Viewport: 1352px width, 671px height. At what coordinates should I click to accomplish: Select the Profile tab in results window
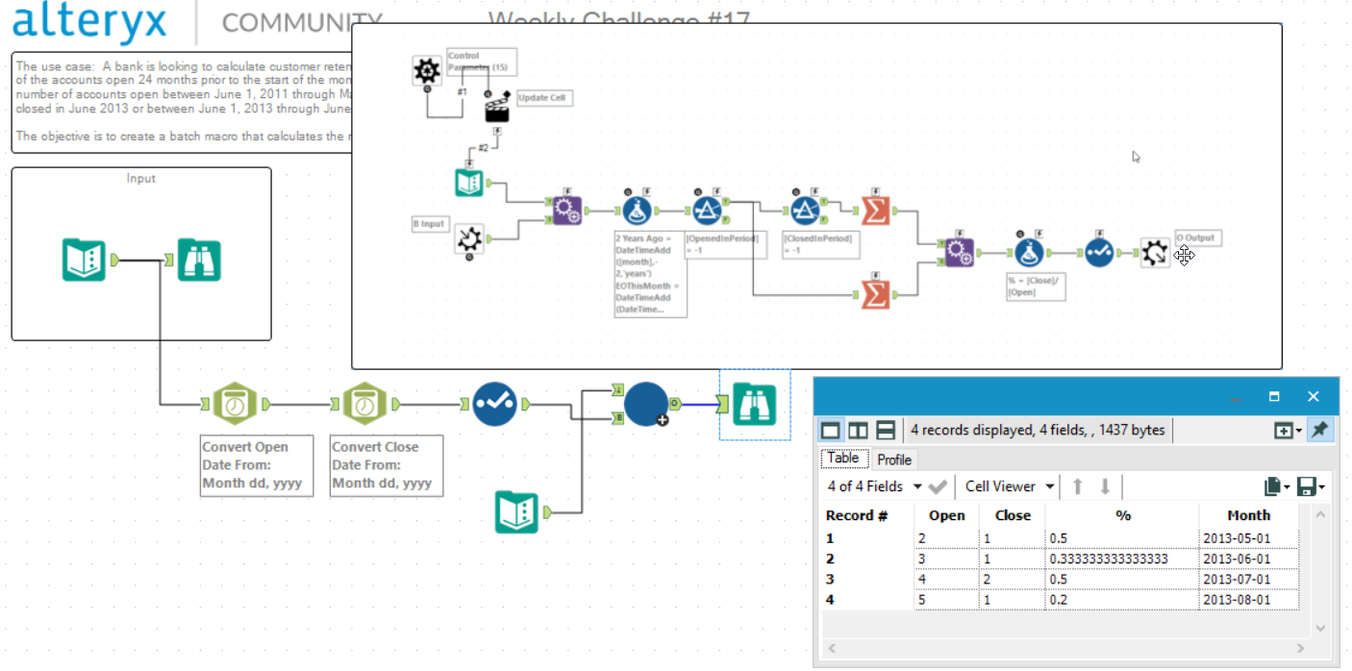(x=893, y=460)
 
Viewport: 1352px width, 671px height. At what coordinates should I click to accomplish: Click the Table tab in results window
(x=843, y=459)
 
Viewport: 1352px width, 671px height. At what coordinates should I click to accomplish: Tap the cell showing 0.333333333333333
(x=1109, y=559)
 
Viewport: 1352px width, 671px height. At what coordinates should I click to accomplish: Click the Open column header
(x=946, y=515)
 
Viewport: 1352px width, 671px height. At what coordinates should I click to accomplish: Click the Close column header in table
(x=1012, y=515)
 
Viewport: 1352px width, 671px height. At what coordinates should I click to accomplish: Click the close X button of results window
(x=1313, y=396)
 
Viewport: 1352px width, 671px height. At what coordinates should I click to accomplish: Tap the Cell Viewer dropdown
(x=1009, y=486)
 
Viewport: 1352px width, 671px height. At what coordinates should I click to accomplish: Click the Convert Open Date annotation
(x=257, y=465)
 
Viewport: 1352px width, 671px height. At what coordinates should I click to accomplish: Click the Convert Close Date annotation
(x=387, y=465)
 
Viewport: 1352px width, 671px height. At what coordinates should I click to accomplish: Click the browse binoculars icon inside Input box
(x=199, y=260)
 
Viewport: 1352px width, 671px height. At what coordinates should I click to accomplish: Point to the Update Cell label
(x=544, y=98)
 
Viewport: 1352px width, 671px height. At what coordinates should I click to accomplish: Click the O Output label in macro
(x=1196, y=237)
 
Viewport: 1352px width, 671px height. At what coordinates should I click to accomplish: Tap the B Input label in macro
(x=430, y=224)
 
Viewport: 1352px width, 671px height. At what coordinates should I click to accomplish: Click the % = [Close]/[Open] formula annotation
(x=1035, y=286)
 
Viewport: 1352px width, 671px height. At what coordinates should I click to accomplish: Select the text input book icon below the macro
(x=516, y=511)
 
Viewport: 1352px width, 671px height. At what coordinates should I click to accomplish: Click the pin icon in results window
(x=1320, y=431)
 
